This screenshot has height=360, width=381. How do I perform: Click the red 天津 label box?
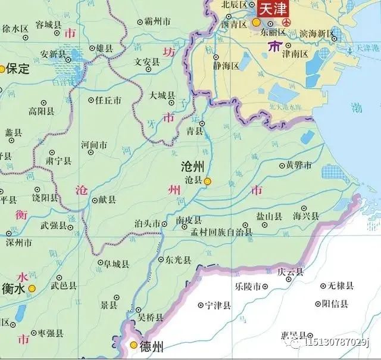(x=271, y=10)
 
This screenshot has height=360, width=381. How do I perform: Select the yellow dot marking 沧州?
(x=207, y=181)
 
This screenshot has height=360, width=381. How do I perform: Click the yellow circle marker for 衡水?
(x=32, y=288)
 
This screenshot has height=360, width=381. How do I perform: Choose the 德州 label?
(x=150, y=345)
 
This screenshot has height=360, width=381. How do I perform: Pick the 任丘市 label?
(x=108, y=101)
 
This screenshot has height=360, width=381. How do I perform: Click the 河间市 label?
(x=94, y=144)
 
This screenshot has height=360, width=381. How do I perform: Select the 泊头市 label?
(x=148, y=224)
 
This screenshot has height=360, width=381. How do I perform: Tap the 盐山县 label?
(x=268, y=216)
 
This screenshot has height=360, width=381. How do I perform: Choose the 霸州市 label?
(x=158, y=21)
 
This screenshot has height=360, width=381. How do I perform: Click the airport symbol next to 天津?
(x=287, y=22)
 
